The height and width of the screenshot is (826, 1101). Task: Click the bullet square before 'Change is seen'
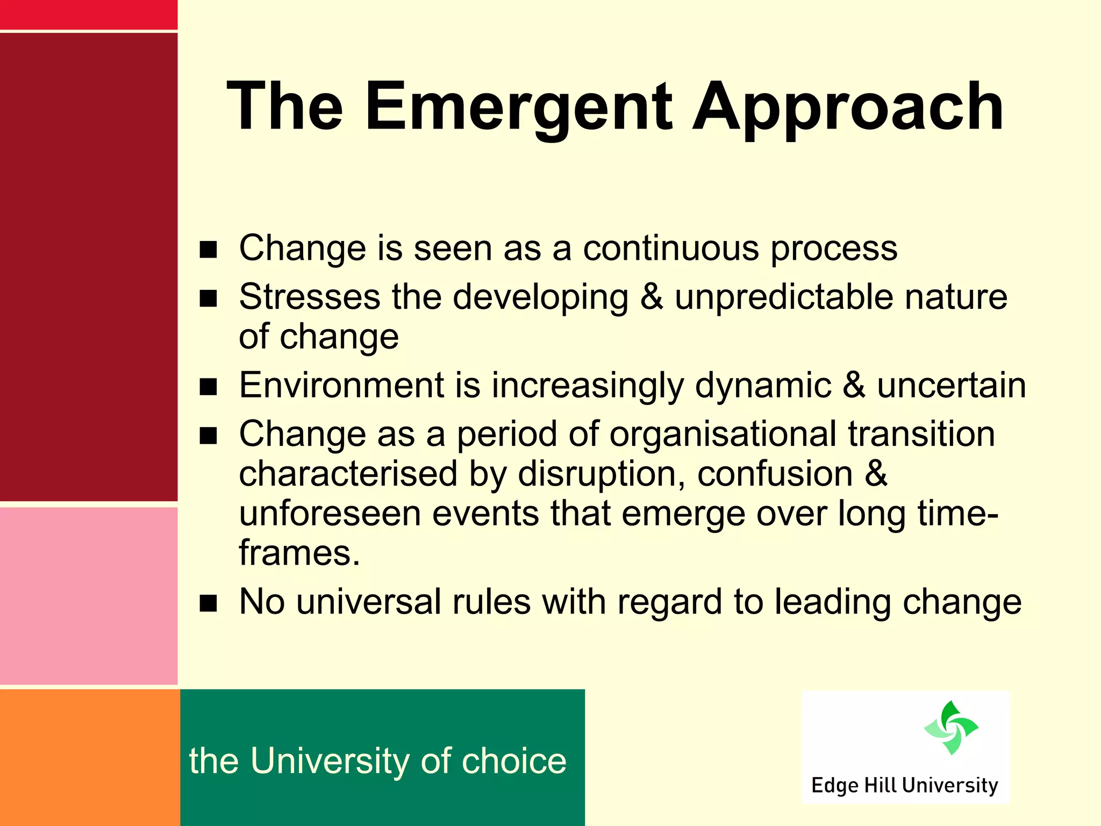coord(208,250)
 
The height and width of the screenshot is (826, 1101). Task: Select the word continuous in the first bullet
coord(671,248)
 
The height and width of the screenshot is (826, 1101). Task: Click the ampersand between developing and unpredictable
coord(652,297)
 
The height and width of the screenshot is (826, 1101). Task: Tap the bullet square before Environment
coord(208,387)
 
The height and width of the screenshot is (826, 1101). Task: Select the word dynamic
coord(763,386)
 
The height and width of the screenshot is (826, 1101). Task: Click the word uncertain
coord(952,386)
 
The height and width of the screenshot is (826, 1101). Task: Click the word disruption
coord(602,474)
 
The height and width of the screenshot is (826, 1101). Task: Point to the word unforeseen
coord(330,514)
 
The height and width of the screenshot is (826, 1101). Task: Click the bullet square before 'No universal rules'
coord(208,603)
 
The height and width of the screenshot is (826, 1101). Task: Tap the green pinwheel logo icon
coord(951,728)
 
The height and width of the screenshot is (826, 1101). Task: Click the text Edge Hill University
coord(905,785)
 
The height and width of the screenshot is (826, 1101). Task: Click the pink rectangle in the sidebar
coord(89,595)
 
